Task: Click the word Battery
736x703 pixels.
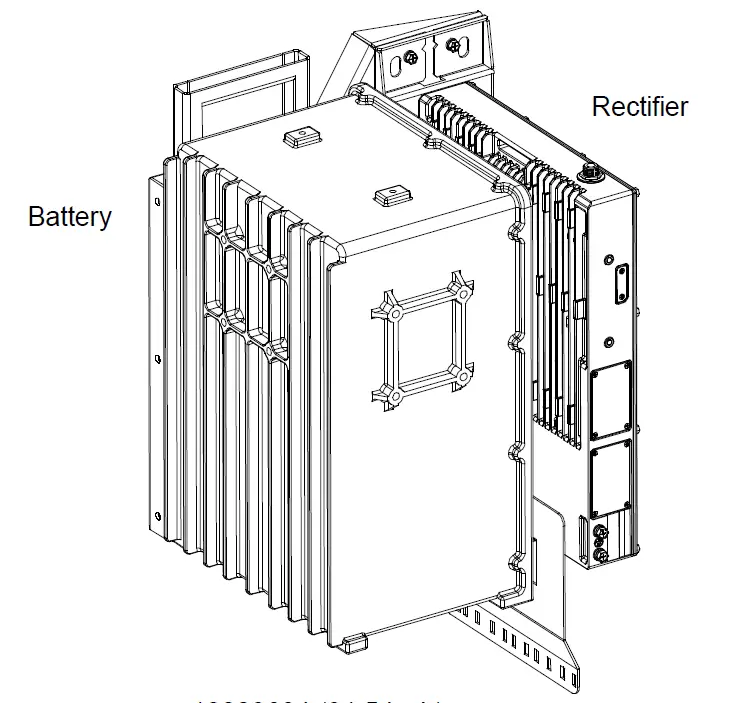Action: (70, 217)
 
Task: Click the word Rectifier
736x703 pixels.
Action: (640, 107)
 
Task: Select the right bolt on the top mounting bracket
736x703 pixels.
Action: (456, 46)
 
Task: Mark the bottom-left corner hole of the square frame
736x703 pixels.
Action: (396, 397)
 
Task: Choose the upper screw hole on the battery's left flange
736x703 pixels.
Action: (155, 200)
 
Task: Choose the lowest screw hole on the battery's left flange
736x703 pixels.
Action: (155, 518)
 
